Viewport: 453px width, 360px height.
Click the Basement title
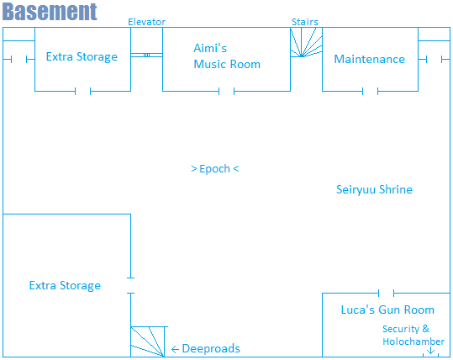[50, 12]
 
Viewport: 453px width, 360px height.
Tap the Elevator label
[146, 22]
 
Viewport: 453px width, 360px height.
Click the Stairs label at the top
[305, 22]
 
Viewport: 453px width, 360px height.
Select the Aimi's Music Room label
[227, 56]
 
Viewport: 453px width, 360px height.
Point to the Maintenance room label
[370, 59]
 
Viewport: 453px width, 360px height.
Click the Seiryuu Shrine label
[374, 190]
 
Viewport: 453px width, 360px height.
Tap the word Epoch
[214, 169]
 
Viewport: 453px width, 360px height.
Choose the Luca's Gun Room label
[387, 310]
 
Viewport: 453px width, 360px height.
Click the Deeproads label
[211, 349]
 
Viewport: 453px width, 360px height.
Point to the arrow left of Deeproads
[175, 349]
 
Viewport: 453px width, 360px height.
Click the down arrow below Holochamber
[430, 351]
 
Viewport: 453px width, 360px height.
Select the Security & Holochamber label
[413, 335]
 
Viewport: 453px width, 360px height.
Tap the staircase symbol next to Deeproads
[149, 341]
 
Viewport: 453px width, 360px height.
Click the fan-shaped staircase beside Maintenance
[306, 42]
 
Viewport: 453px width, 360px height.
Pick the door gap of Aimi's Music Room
[227, 92]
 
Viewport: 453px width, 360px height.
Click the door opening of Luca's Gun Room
[386, 293]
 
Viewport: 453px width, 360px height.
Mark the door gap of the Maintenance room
[370, 92]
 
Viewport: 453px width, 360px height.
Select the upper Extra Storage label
[82, 56]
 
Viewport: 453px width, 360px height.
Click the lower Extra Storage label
[65, 285]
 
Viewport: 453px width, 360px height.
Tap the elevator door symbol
[146, 55]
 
